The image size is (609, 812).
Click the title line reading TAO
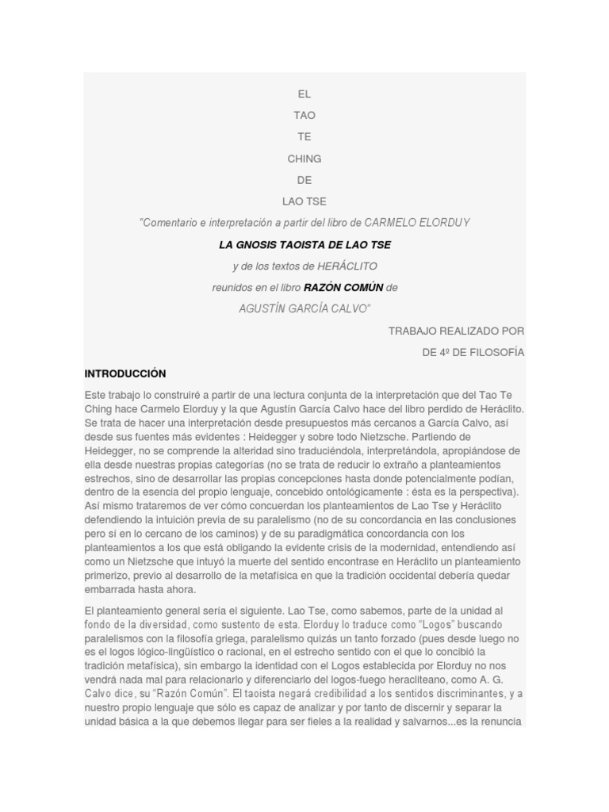click(x=304, y=116)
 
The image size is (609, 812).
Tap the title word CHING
click(x=304, y=159)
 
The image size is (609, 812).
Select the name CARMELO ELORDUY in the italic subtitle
click(x=417, y=223)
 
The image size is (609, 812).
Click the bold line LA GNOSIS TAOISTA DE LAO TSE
click(x=304, y=244)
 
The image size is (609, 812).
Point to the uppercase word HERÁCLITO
click(x=347, y=266)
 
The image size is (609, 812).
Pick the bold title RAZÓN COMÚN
click(x=343, y=287)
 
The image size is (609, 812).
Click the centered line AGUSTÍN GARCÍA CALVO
click(x=304, y=308)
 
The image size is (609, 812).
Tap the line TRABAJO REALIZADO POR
click(x=456, y=331)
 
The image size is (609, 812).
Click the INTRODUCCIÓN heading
click(x=125, y=373)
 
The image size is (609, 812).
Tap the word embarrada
click(x=110, y=589)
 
